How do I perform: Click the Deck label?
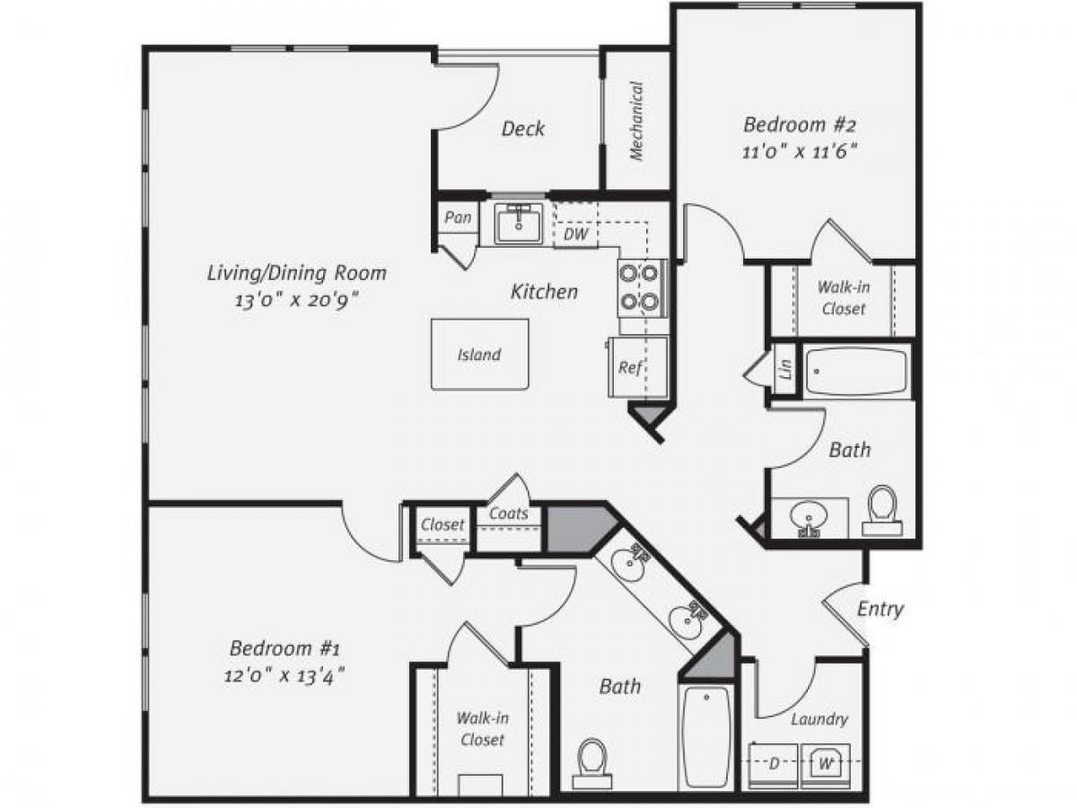(522, 128)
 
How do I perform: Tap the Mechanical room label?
(636, 121)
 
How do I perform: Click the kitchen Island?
(479, 355)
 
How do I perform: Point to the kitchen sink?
(519, 223)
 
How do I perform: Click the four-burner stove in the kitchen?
(641, 287)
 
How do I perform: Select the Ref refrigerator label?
(629, 367)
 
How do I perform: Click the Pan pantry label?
(458, 218)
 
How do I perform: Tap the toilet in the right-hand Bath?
(883, 509)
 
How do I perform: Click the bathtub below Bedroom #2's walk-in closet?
(856, 371)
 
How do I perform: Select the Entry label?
(880, 609)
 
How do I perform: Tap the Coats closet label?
(508, 515)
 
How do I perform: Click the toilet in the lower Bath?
(591, 761)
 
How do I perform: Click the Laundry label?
(819, 719)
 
